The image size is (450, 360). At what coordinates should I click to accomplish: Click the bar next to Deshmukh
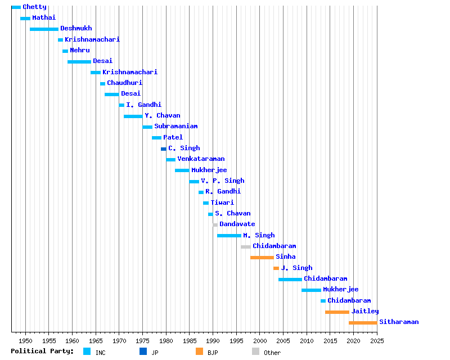point(44,29)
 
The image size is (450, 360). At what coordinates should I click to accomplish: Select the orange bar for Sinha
point(262,257)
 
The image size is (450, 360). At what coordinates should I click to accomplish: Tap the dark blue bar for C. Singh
point(164,148)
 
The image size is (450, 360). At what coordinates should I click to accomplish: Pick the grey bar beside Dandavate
point(215,224)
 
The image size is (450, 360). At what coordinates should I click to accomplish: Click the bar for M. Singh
point(229,236)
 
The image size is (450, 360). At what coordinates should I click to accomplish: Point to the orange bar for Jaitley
point(337,312)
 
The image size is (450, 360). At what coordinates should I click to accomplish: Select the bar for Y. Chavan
point(133,116)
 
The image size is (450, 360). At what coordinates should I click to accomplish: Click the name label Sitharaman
point(399,322)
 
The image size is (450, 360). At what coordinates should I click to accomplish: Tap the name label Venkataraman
point(201,159)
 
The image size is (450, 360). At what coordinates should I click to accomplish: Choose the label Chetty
point(34,7)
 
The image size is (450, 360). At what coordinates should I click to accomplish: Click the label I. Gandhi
point(143,105)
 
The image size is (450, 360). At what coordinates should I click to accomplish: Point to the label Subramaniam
point(175,127)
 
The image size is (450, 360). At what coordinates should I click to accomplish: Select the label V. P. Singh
point(222,181)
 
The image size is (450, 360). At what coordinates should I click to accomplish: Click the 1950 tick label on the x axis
point(25,341)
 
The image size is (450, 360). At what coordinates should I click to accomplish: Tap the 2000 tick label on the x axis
point(259,341)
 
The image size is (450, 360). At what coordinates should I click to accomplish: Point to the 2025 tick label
point(377,341)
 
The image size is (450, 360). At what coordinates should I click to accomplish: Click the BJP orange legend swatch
point(199,352)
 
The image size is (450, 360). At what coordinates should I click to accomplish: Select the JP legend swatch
point(143,352)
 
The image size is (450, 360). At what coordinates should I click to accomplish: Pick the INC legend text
point(100,353)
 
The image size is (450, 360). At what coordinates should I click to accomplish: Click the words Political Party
point(42,352)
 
